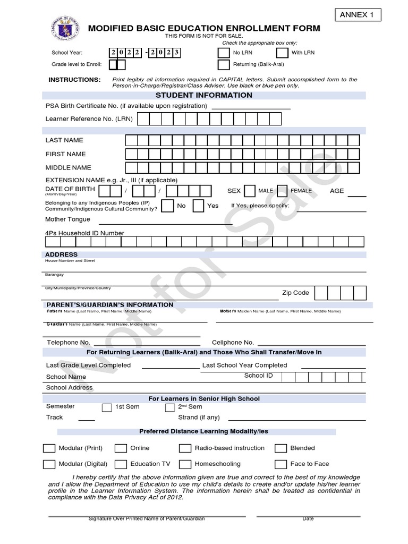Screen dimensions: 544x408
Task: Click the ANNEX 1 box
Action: click(x=356, y=15)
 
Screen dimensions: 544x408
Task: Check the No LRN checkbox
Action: click(x=223, y=53)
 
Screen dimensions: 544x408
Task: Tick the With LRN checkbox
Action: click(x=282, y=53)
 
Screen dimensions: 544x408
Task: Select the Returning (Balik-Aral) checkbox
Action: click(x=223, y=65)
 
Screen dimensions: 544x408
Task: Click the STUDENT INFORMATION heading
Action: click(x=204, y=95)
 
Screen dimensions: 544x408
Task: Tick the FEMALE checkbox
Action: click(x=282, y=191)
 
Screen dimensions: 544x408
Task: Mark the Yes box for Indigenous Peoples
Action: click(x=198, y=206)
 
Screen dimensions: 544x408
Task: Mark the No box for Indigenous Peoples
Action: click(x=167, y=206)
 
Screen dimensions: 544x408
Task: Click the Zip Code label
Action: click(x=295, y=293)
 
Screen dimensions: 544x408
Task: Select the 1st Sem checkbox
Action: click(x=106, y=407)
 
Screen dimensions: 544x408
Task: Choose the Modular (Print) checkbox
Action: click(x=48, y=448)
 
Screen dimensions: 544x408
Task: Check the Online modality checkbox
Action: click(x=121, y=448)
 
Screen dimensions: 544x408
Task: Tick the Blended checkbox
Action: click(x=281, y=448)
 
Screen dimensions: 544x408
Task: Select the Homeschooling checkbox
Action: click(x=185, y=464)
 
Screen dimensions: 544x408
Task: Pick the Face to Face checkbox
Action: click(x=281, y=464)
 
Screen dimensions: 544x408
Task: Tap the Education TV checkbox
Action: click(x=121, y=464)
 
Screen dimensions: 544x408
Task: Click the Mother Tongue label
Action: click(x=67, y=219)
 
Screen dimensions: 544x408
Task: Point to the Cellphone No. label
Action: click(x=233, y=343)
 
